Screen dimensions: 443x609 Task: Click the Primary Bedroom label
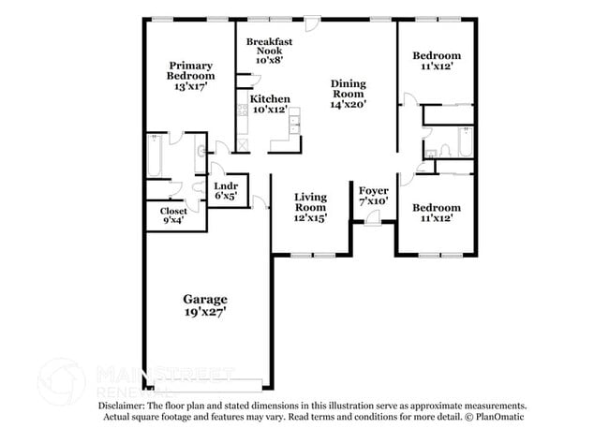tap(190, 70)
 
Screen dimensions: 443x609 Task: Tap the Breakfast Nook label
tap(270, 47)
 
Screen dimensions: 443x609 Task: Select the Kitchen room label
tap(270, 98)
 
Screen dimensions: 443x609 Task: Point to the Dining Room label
tap(348, 88)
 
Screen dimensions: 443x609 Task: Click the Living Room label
tap(310, 201)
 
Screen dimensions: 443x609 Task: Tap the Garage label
tap(204, 300)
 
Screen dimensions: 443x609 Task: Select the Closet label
tap(172, 211)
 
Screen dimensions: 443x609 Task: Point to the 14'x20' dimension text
tap(348, 104)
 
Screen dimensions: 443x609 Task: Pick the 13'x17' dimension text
tap(190, 86)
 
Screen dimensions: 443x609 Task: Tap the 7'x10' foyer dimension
tap(373, 201)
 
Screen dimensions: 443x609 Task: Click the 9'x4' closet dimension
tap(172, 221)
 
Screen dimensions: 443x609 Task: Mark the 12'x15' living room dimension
tap(310, 218)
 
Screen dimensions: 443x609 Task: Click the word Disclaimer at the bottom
tap(126, 406)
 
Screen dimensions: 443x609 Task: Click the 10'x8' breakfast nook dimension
tap(265, 59)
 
